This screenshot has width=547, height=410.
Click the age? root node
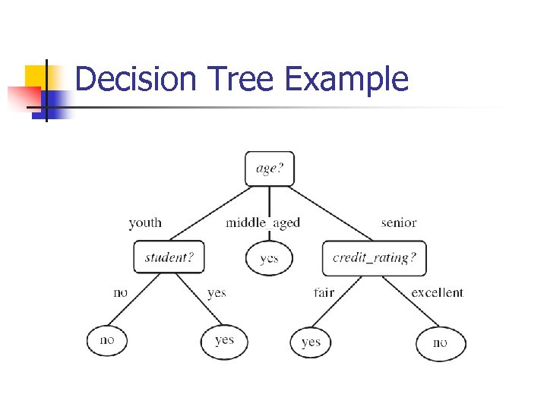pos(269,169)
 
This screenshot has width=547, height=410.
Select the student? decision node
pos(169,257)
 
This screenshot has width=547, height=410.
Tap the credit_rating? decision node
pos(374,257)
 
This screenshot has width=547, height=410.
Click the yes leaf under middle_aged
pos(269,258)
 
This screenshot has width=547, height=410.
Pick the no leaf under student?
pos(107,340)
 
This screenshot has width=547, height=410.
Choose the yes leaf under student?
pos(224,341)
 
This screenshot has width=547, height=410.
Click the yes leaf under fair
pos(311,342)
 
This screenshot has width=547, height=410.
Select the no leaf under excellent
pos(441,343)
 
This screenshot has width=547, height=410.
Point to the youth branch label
pos(145,222)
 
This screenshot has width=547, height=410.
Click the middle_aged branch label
pos(263,222)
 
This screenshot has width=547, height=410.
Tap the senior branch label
pos(399,222)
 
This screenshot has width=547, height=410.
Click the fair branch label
pos(324,292)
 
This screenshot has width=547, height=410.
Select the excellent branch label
pos(437,292)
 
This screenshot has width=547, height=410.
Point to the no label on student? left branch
pos(120,292)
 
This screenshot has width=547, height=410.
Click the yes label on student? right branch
pos(217,292)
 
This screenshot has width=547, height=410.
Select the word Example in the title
pos(346,79)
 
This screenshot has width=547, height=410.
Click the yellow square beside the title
pos(36,76)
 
